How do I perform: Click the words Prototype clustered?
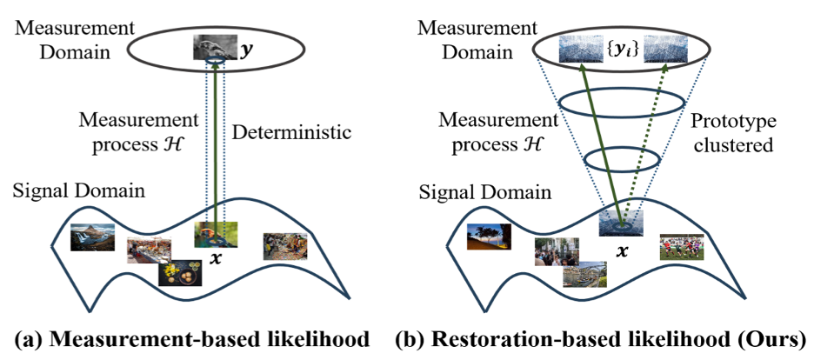click(x=733, y=136)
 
